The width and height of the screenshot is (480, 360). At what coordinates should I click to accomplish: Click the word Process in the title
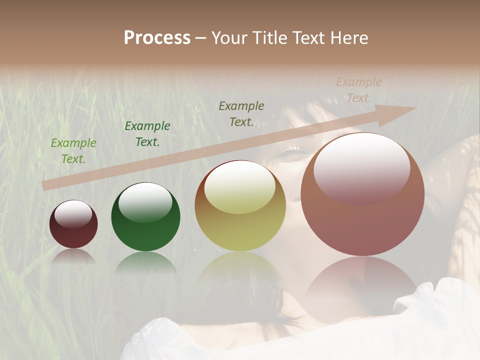(x=157, y=38)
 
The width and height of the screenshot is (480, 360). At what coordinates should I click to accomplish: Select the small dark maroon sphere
(x=73, y=224)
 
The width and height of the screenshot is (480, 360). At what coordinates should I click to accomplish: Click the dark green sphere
(x=145, y=217)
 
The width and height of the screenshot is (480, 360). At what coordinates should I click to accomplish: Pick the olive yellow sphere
(x=240, y=205)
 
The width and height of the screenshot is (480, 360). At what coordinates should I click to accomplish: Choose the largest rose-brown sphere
(x=362, y=194)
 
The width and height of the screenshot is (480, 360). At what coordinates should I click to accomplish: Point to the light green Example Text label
(x=73, y=151)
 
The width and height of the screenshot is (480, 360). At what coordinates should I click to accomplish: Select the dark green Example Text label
(x=147, y=134)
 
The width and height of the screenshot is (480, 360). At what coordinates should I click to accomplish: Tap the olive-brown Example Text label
(x=241, y=114)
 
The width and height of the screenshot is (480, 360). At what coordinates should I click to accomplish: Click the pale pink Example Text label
(x=359, y=90)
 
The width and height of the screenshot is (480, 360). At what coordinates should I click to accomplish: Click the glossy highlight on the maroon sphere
(x=73, y=213)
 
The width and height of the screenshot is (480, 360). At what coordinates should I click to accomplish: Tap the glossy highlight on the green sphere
(x=145, y=201)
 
